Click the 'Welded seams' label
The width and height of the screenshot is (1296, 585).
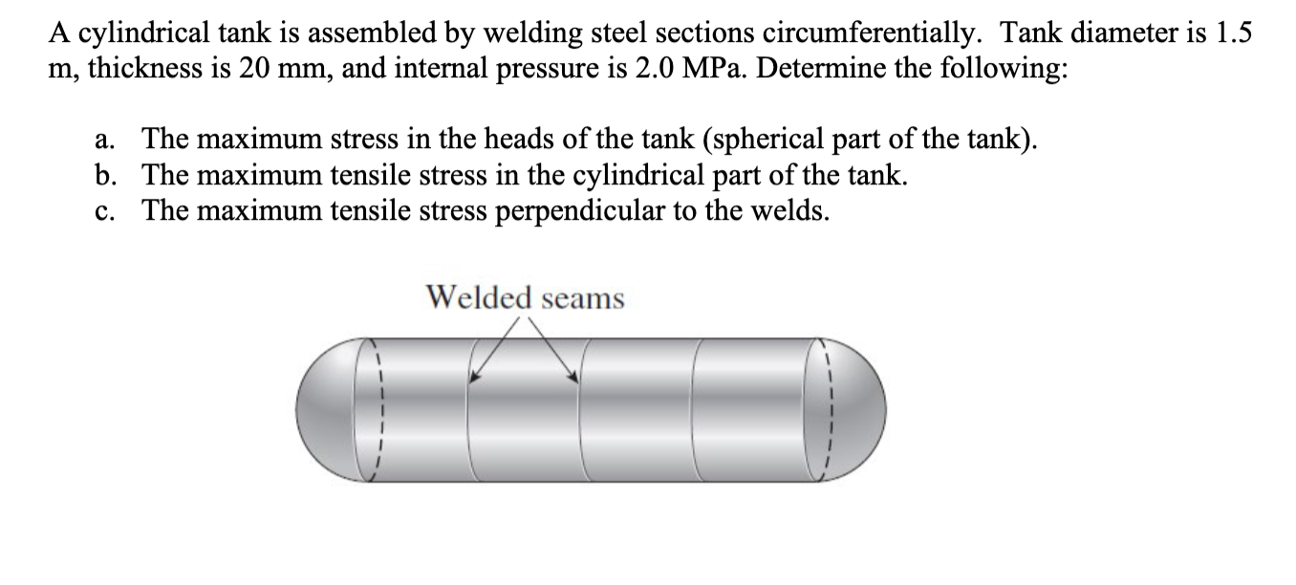pyautogui.click(x=525, y=298)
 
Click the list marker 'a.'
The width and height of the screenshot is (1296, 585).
pyautogui.click(x=106, y=141)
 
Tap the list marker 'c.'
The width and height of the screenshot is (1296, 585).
pyautogui.click(x=106, y=210)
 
